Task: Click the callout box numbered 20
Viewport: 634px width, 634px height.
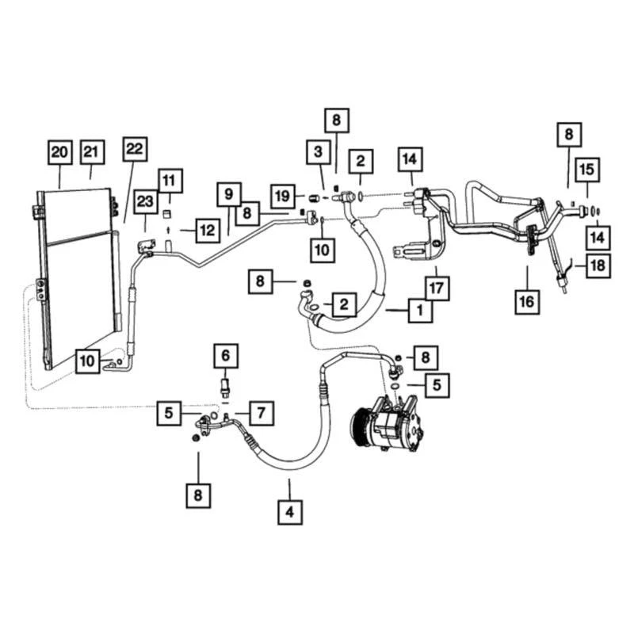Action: (59, 152)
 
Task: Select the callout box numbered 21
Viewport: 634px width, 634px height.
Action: (92, 152)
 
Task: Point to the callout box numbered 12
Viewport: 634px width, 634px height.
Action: (208, 231)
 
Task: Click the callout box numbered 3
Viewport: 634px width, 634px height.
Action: (318, 151)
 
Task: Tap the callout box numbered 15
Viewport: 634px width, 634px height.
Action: (588, 170)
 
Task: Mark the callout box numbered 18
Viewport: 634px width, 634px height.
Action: (599, 265)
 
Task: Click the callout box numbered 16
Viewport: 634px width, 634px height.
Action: (528, 301)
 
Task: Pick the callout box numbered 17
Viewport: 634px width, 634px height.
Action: (436, 285)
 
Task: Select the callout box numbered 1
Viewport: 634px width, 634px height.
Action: (420, 311)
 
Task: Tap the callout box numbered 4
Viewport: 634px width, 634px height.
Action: (289, 513)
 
